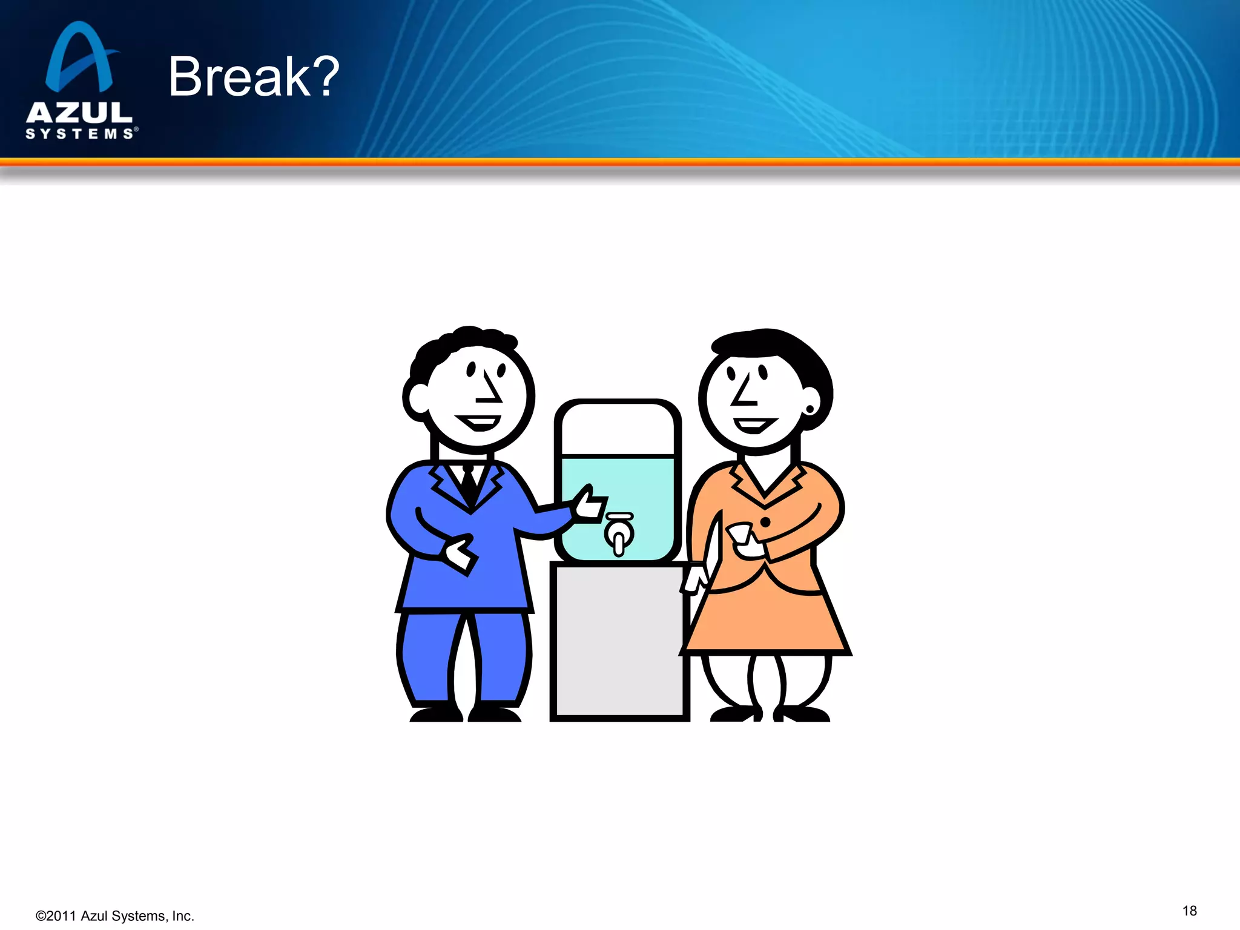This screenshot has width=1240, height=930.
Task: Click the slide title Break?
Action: (254, 76)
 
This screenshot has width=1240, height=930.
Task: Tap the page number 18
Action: (1189, 911)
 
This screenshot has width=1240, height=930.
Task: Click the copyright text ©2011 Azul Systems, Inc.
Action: (115, 916)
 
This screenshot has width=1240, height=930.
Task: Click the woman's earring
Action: (810, 410)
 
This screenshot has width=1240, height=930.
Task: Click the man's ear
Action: (417, 399)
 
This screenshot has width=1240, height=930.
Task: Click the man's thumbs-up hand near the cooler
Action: (589, 504)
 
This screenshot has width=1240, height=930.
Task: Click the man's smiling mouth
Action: (478, 422)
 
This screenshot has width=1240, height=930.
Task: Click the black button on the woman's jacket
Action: (765, 521)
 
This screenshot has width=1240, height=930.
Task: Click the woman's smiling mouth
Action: (754, 424)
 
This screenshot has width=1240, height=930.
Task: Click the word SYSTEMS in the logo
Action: (80, 134)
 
